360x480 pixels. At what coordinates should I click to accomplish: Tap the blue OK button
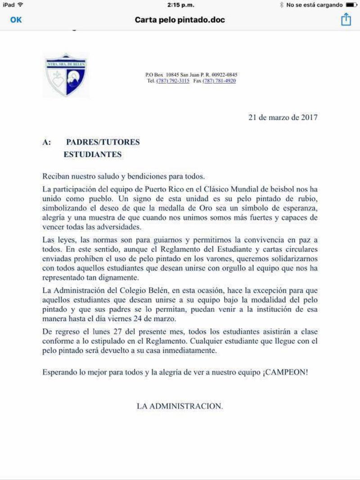coord(16,20)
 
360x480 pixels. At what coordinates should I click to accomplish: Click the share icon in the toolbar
coord(345,19)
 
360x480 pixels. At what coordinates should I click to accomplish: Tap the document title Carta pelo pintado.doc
coord(180,20)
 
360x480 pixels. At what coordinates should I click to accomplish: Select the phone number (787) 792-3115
coord(173,81)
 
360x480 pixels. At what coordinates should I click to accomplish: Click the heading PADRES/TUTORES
coord(103,142)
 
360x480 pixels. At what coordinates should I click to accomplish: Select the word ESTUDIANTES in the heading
coord(93,154)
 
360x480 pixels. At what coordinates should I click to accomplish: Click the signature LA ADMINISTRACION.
coord(180,406)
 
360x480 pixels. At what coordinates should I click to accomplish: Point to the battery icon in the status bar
coord(351,5)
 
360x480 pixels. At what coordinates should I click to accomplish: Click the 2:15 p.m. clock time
coord(180,5)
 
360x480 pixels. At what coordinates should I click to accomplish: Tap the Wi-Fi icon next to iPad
coord(20,5)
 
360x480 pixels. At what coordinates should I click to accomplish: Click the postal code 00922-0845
coord(225,75)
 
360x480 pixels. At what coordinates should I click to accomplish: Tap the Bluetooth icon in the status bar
coord(282,5)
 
